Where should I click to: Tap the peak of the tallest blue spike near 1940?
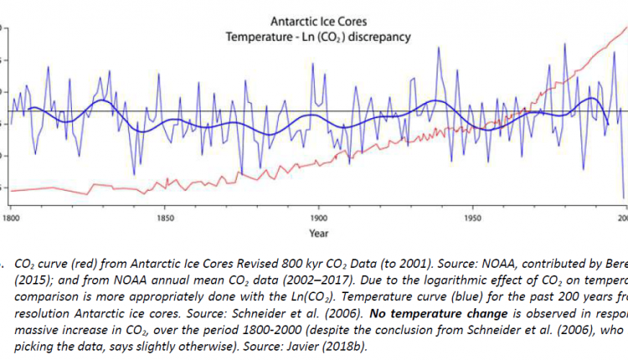point(437,48)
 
